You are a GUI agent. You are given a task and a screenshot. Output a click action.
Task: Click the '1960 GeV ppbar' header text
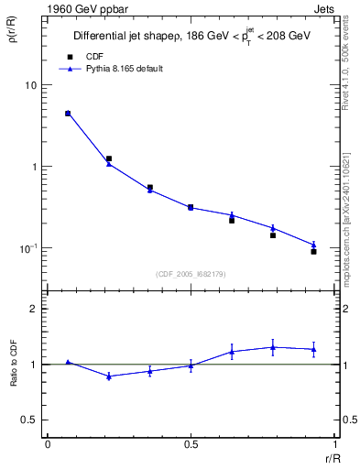point(79,8)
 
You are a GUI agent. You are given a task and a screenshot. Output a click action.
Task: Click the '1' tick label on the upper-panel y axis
point(34,167)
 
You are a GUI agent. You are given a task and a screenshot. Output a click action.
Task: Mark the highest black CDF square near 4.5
point(68,114)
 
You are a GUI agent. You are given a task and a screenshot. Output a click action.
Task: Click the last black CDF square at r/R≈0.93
point(313,251)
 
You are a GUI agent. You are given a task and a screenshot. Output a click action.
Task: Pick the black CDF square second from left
point(109,158)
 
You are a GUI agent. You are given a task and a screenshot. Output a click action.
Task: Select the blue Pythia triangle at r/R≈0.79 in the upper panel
point(273,228)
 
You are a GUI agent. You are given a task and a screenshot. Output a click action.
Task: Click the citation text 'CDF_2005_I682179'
point(190,273)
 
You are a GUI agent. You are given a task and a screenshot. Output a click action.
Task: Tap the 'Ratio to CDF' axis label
point(14,364)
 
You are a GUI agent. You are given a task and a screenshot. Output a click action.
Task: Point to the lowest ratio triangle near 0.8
point(109,376)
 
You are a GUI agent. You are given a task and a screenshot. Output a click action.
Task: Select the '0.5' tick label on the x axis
point(191,443)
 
